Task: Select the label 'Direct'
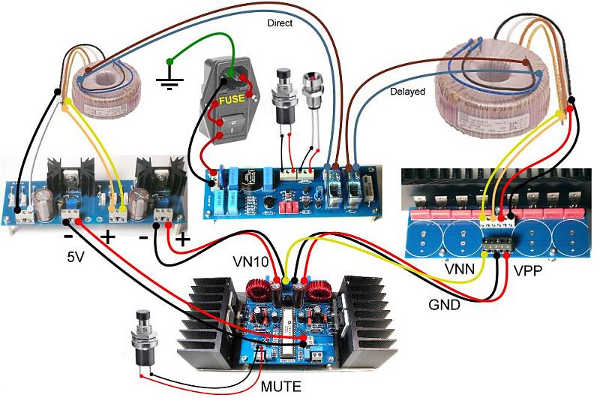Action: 280,23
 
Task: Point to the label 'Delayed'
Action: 407,92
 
